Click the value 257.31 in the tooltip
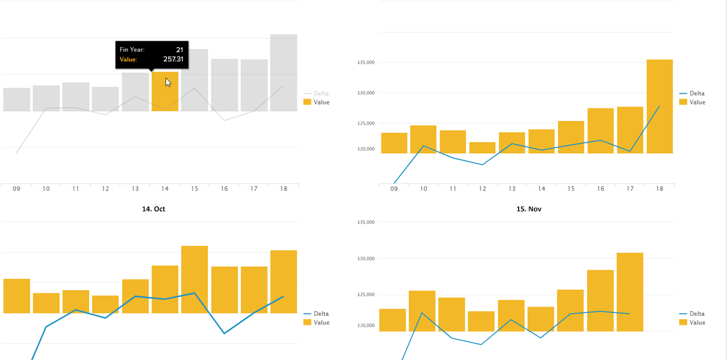pyautogui.click(x=173, y=59)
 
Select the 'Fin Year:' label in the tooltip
pyautogui.click(x=132, y=49)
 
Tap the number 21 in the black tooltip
pyautogui.click(x=179, y=49)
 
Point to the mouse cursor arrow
pyautogui.click(x=168, y=82)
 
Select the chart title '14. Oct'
pyautogui.click(x=153, y=209)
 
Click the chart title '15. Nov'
pyautogui.click(x=528, y=209)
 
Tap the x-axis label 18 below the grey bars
pyautogui.click(x=283, y=189)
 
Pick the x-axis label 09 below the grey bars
pyautogui.click(x=16, y=189)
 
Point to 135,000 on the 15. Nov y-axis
pyautogui.click(x=365, y=222)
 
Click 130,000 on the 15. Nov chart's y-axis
pyautogui.click(x=365, y=258)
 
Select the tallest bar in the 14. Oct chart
pyautogui.click(x=194, y=279)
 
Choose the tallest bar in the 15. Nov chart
pyautogui.click(x=630, y=292)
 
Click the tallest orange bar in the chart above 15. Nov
pyautogui.click(x=659, y=106)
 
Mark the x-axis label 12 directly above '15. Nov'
pyautogui.click(x=482, y=189)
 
